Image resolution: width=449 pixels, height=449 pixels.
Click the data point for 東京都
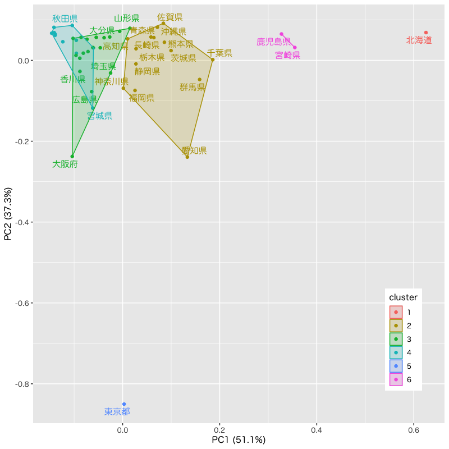[124, 404]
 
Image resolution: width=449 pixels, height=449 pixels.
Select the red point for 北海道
[426, 33]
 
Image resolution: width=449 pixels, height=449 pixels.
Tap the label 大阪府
[65, 164]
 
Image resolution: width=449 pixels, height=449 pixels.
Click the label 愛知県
[194, 150]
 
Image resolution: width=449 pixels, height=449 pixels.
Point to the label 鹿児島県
[274, 42]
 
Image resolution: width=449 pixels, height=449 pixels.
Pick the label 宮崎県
[288, 55]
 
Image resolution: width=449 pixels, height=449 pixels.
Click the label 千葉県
[219, 53]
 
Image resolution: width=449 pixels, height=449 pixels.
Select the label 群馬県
[193, 87]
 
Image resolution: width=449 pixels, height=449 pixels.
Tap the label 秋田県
[65, 19]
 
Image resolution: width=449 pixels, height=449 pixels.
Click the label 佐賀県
[170, 17]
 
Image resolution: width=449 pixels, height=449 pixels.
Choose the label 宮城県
[100, 116]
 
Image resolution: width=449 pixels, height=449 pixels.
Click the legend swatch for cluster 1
[396, 312]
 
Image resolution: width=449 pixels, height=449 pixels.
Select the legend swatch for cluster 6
[396, 379]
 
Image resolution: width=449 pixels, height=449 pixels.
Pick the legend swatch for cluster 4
[396, 352]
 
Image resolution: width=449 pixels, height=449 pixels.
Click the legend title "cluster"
[403, 297]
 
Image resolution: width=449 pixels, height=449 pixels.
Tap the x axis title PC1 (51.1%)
[239, 440]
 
